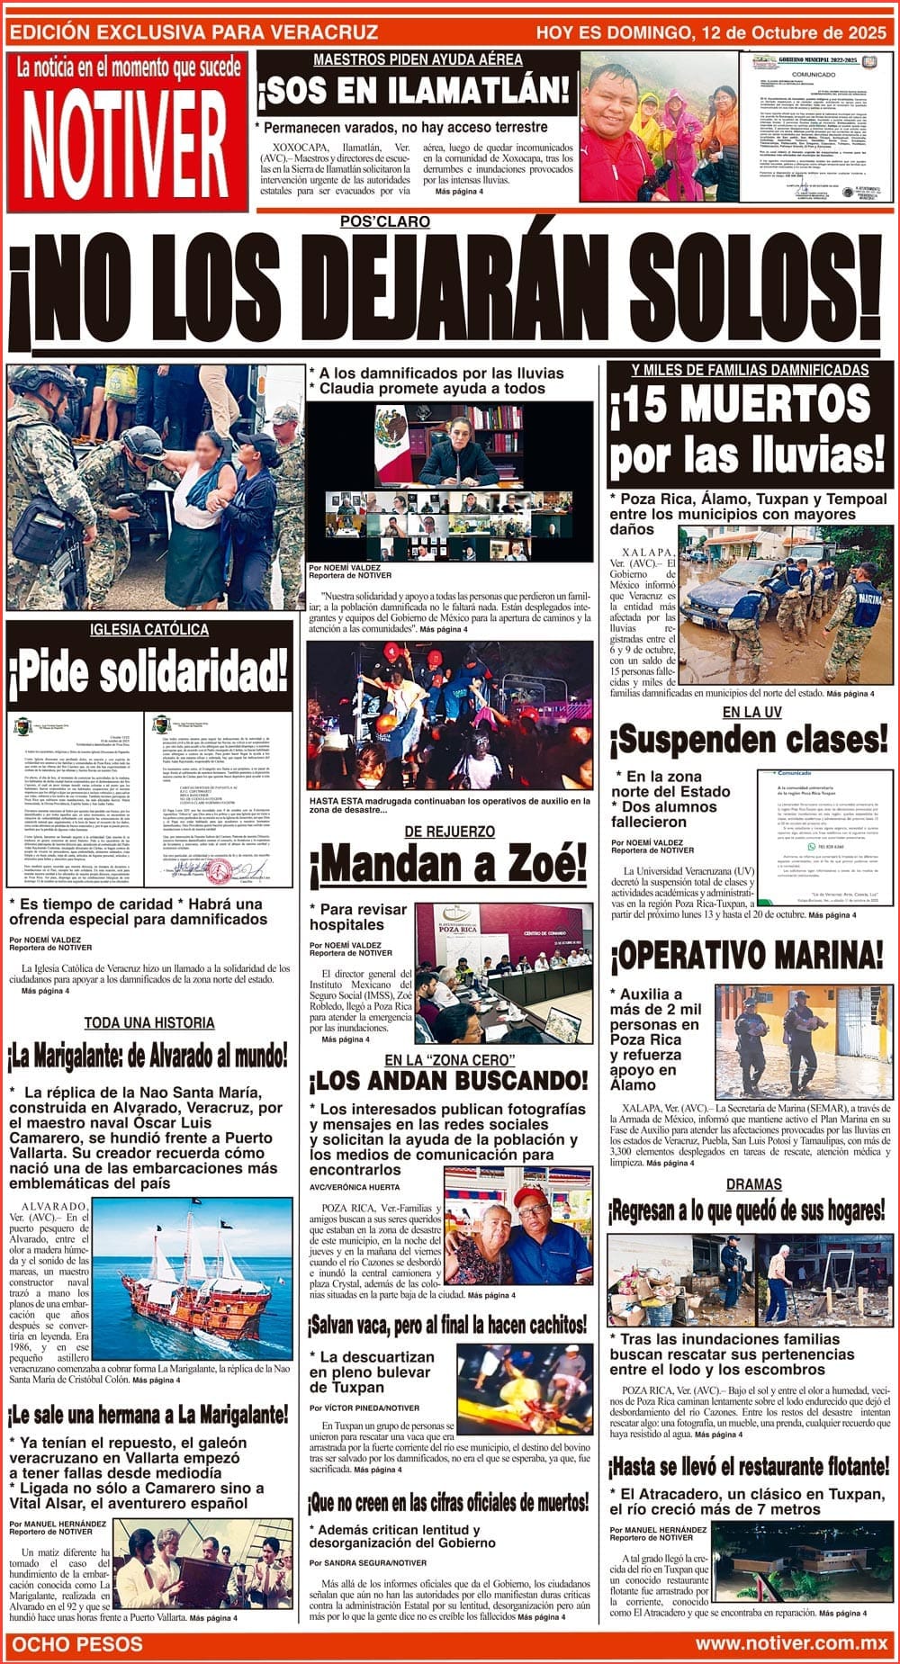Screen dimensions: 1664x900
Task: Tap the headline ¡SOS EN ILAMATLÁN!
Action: pyautogui.click(x=415, y=91)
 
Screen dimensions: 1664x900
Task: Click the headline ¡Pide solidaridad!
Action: pyautogui.click(x=149, y=670)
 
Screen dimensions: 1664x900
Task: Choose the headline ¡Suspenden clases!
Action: pyautogui.click(x=748, y=740)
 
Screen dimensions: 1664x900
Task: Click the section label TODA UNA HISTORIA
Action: pyautogui.click(x=149, y=1022)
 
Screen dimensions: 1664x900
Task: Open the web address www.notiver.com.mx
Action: pyautogui.click(x=791, y=1643)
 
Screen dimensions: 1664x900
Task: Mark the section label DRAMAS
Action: pyautogui.click(x=753, y=1184)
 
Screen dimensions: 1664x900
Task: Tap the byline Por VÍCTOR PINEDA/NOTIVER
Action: pyautogui.click(x=364, y=1408)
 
